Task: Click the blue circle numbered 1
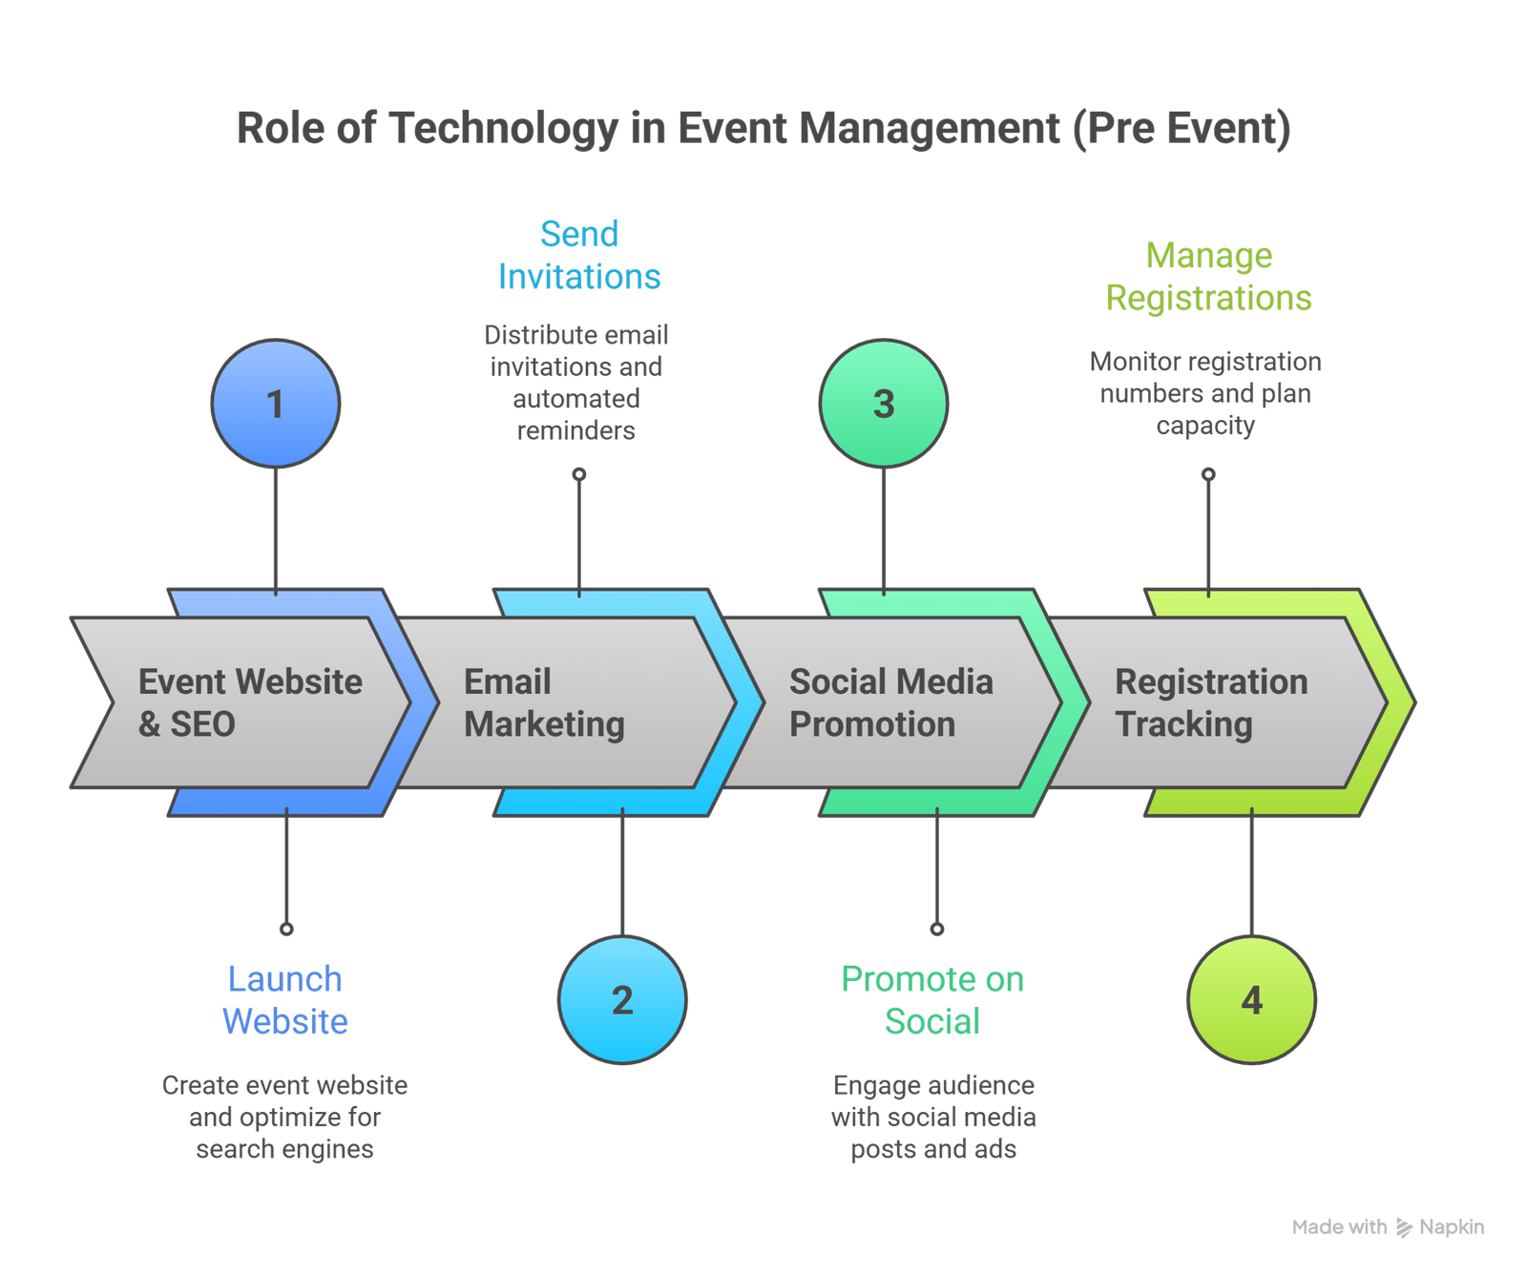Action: click(275, 404)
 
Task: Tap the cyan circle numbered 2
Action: click(622, 1000)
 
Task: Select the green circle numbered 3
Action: click(884, 404)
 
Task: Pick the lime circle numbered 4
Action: click(1251, 1000)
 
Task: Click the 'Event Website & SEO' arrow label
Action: click(250, 702)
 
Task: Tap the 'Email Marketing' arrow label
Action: click(544, 702)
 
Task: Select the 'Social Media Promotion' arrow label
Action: click(890, 702)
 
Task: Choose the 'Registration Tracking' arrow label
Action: click(1211, 702)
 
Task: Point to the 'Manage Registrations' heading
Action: click(1208, 277)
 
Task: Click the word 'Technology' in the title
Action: click(503, 128)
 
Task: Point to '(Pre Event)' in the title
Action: click(1181, 128)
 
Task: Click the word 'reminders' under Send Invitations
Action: click(575, 430)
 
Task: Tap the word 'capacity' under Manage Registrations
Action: click(1204, 426)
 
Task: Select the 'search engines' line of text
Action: click(285, 1149)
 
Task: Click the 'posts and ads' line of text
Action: click(933, 1149)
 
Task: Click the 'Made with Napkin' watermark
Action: click(1389, 1227)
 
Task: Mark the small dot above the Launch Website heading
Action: click(286, 929)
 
